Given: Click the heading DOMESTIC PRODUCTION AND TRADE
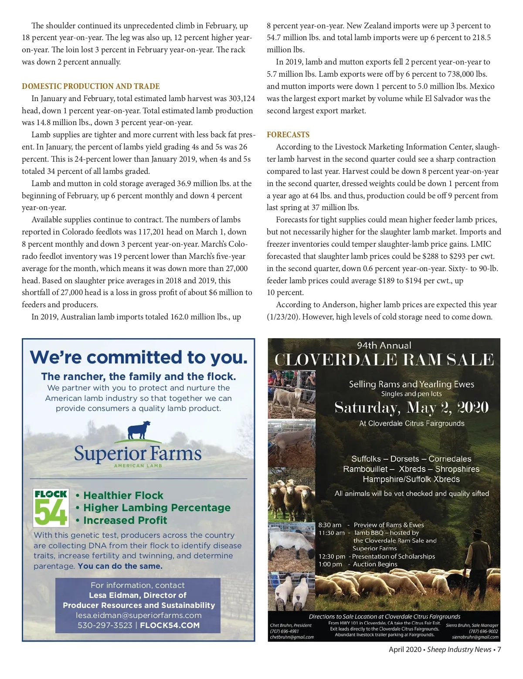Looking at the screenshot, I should click(x=91, y=86).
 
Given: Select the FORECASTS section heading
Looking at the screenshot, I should click(x=288, y=135).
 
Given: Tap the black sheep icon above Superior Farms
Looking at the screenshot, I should click(x=139, y=431).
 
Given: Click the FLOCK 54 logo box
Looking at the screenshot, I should click(x=51, y=508).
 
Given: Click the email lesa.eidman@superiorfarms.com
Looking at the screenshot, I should click(x=139, y=615).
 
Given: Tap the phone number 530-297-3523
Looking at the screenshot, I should click(x=105, y=625).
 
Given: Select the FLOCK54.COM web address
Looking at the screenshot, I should click(x=170, y=625).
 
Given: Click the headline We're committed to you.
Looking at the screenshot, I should click(x=139, y=357).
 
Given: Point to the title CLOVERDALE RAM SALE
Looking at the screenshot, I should click(x=384, y=360).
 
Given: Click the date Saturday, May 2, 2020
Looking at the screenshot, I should click(x=411, y=407).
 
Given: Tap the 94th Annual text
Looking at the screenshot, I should click(x=384, y=346).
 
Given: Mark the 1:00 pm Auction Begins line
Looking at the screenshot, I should click(x=358, y=564).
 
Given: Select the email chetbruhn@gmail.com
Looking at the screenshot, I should click(x=292, y=637).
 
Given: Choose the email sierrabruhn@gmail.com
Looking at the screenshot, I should click(x=475, y=637).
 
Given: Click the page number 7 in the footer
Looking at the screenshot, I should click(x=499, y=649).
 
